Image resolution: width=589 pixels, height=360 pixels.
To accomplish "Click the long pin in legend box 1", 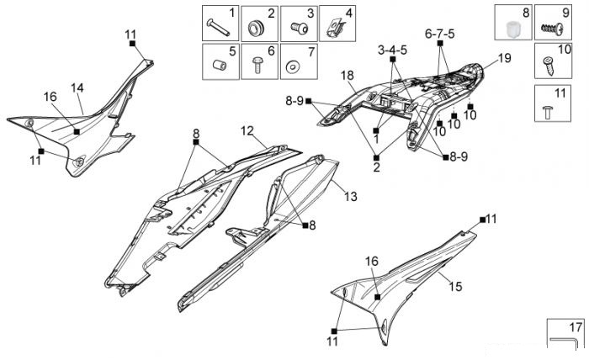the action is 218,28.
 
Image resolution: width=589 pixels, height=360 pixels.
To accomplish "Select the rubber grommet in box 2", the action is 257,28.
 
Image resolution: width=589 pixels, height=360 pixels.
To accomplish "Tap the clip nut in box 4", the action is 334,28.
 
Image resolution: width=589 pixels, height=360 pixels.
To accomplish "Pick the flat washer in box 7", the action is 293,67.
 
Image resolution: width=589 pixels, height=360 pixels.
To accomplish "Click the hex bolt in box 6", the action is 257,65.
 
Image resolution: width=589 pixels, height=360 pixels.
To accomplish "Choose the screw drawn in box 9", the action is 552,29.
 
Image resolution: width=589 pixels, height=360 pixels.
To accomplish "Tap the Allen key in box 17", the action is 562,341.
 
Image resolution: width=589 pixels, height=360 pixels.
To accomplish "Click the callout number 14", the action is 77,88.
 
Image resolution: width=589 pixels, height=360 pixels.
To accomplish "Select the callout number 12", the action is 247,131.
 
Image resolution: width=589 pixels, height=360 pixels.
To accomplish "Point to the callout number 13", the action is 351,196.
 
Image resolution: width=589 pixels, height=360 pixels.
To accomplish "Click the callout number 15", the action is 455,287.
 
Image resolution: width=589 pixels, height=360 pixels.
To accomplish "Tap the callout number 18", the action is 347,76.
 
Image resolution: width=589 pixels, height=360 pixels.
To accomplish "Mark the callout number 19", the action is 505,58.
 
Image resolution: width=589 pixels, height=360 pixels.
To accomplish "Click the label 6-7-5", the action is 439,34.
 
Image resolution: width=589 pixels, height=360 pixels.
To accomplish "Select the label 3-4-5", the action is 392,50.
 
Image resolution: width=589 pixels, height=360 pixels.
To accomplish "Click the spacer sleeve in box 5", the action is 220,65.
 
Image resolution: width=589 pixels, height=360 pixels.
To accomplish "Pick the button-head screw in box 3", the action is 300,27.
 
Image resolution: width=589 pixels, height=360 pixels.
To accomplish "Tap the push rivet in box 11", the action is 547,112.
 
